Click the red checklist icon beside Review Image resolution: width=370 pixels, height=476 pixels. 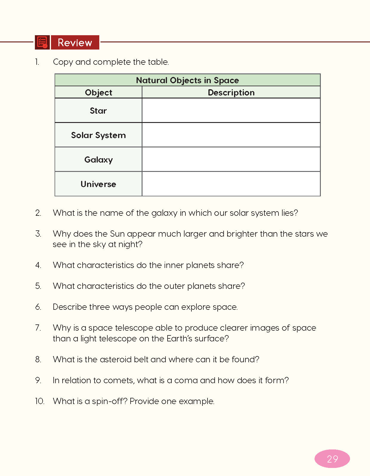(42, 42)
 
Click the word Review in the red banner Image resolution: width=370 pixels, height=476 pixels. (75, 43)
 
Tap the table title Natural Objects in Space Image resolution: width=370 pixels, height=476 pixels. (187, 80)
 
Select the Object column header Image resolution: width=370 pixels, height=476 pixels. (98, 93)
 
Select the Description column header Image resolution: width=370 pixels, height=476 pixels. (231, 93)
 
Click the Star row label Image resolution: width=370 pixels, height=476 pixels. (98, 111)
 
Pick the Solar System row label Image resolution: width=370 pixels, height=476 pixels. (98, 135)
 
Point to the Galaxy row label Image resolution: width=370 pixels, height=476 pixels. (98, 160)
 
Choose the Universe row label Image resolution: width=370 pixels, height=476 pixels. (98, 184)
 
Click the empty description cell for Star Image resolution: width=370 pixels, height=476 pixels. (231, 110)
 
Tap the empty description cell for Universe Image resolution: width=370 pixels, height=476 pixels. (231, 184)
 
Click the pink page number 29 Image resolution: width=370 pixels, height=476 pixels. (332, 459)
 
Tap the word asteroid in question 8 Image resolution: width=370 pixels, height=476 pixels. (116, 359)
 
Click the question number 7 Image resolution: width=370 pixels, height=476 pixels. (38, 328)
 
